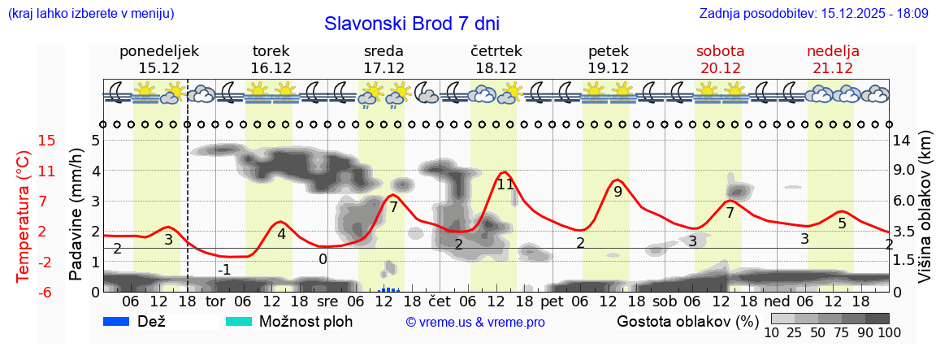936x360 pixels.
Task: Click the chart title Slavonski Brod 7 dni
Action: [412, 24]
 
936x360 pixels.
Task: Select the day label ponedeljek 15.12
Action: [159, 59]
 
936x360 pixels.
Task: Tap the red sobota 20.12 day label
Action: [721, 59]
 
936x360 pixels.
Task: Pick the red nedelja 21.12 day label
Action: [833, 59]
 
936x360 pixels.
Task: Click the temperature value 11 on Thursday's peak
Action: [505, 184]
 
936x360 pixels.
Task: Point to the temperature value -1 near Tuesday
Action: [225, 270]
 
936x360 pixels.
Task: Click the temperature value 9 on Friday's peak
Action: [617, 193]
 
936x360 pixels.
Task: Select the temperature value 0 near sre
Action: [323, 259]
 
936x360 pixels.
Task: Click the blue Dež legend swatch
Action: [118, 321]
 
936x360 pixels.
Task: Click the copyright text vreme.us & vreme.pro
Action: [475, 323]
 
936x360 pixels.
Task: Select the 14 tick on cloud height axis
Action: [903, 141]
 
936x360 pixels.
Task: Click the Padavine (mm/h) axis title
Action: [76, 215]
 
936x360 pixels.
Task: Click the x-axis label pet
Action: [552, 302]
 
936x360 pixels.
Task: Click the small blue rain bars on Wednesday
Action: [389, 288]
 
